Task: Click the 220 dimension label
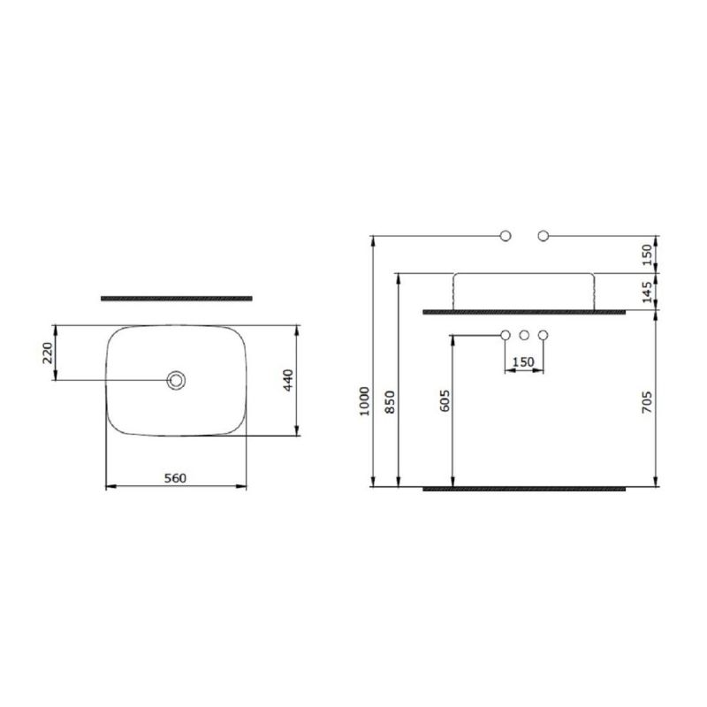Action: pyautogui.click(x=48, y=353)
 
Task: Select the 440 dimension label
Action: pyautogui.click(x=289, y=380)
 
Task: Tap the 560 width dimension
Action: pyautogui.click(x=175, y=478)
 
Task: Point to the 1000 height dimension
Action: pyautogui.click(x=365, y=401)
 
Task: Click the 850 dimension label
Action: pyautogui.click(x=390, y=401)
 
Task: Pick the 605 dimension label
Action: pyautogui.click(x=445, y=401)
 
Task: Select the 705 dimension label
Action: pyautogui.click(x=647, y=403)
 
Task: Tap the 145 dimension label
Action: pyautogui.click(x=647, y=293)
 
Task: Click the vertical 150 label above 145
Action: pyautogui.click(x=647, y=255)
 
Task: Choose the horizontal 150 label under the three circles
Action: pyautogui.click(x=524, y=362)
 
